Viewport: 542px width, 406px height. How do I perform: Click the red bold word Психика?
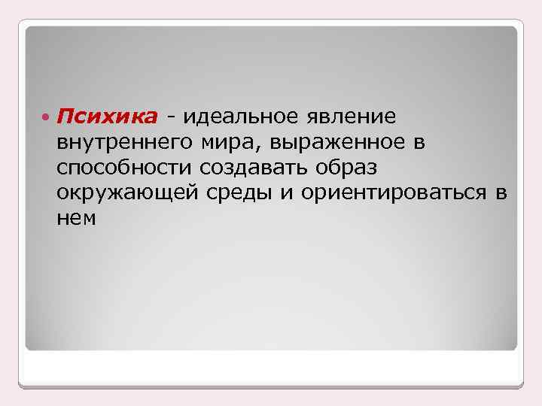point(107,117)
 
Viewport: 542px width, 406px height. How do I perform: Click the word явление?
point(352,117)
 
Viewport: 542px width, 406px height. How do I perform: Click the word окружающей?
point(126,193)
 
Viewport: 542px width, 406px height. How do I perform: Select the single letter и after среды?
point(285,193)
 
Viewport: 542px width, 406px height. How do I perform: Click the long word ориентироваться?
point(394,193)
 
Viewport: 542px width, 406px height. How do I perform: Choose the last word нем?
point(75,218)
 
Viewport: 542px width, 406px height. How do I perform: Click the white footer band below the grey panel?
point(271,368)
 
